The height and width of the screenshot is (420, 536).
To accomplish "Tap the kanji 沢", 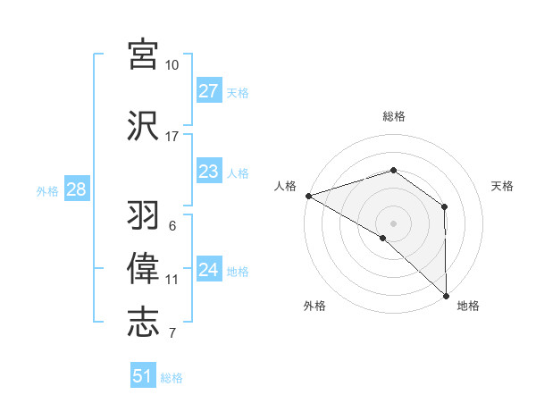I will coord(144,126).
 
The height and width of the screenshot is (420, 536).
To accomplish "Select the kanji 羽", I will coord(144,215).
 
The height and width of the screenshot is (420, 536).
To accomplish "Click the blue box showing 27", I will coord(209,90).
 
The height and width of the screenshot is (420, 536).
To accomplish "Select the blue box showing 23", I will coord(209,172).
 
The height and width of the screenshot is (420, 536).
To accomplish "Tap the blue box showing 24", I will coord(209,270).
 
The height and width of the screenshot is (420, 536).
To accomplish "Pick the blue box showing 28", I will coord(76,189).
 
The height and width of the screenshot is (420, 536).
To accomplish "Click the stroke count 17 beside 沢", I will coord(172,137).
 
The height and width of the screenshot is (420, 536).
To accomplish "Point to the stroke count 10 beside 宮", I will coord(172,65).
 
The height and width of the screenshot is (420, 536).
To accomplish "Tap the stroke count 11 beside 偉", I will coord(172,280).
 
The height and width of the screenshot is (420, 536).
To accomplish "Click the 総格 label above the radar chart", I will coord(393,116).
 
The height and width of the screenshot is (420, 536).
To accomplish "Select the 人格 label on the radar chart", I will coord(285,186).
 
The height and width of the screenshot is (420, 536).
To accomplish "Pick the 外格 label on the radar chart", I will coord(314,306).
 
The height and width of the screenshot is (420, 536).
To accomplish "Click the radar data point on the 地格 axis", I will coord(446,295).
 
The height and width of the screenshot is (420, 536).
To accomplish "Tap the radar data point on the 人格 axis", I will coord(308,196).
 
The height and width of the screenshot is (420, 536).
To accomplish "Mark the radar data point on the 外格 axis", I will coord(383,238).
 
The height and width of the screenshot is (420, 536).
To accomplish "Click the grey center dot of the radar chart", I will coord(393,223).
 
